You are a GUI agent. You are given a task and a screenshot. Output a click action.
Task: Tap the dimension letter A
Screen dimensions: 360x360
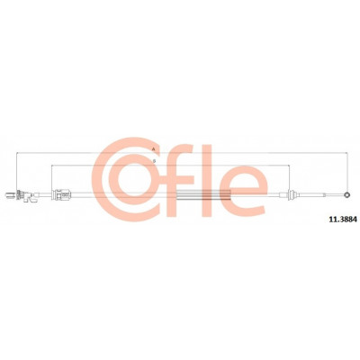coord(154,149)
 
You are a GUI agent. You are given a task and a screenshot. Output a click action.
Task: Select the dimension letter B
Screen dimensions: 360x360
coord(154,161)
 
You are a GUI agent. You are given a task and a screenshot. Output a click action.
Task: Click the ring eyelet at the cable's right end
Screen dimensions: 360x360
coord(347,195)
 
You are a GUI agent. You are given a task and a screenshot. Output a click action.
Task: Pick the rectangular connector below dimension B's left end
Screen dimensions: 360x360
coord(61,195)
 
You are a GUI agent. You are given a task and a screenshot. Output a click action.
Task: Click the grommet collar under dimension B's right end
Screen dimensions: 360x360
coord(291,195)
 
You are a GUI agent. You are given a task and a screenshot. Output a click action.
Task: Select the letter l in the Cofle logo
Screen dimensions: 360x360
coord(207,181)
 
